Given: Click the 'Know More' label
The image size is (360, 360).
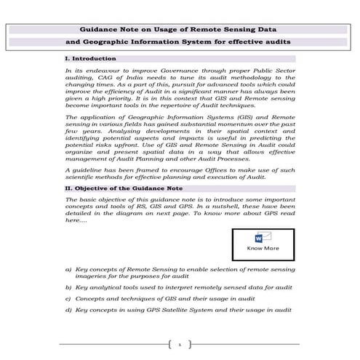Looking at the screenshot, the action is pos(263,248).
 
